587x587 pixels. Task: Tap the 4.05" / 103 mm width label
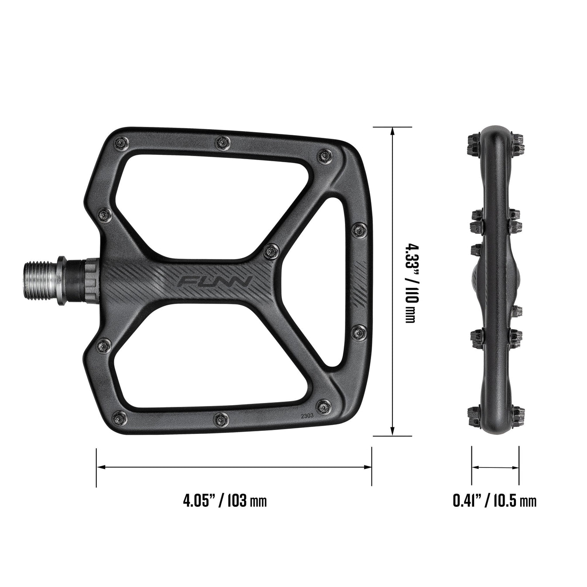225,501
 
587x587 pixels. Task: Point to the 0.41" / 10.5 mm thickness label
495,501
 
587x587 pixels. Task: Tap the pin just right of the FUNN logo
269,250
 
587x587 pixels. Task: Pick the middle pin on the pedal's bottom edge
221,418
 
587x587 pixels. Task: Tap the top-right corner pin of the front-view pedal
324,155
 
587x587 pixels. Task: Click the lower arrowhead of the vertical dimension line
393,431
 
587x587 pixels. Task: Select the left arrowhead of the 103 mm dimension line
101,467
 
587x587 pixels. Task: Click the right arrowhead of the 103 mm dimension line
367,467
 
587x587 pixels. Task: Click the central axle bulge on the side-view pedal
495,280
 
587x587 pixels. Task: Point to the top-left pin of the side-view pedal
474,140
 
